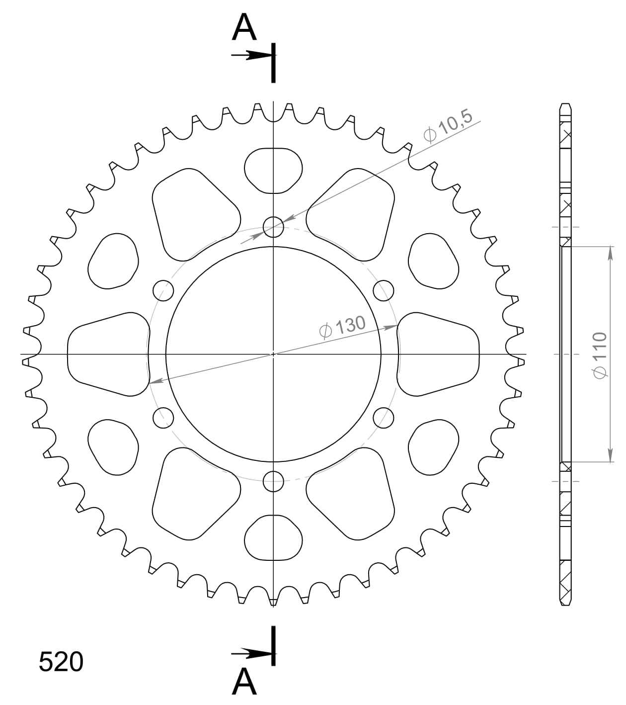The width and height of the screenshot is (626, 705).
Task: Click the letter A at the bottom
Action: click(244, 682)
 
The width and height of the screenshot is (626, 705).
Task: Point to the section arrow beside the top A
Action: click(251, 56)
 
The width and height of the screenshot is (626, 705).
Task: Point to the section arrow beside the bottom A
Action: click(251, 652)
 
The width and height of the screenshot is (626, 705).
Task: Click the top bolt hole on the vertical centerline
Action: click(273, 227)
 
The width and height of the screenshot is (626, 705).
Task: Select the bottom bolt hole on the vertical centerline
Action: click(273, 480)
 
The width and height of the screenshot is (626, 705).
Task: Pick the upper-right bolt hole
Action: click(383, 290)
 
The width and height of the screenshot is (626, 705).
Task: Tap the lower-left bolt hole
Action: click(163, 418)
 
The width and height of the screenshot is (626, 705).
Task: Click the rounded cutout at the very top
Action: click(273, 170)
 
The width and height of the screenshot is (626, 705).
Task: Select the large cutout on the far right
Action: click(438, 354)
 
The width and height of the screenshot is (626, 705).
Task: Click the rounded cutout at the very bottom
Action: click(273, 537)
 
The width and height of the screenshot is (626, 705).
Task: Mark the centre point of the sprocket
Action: click(273, 354)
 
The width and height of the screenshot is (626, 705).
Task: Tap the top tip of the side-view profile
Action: click(565, 104)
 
